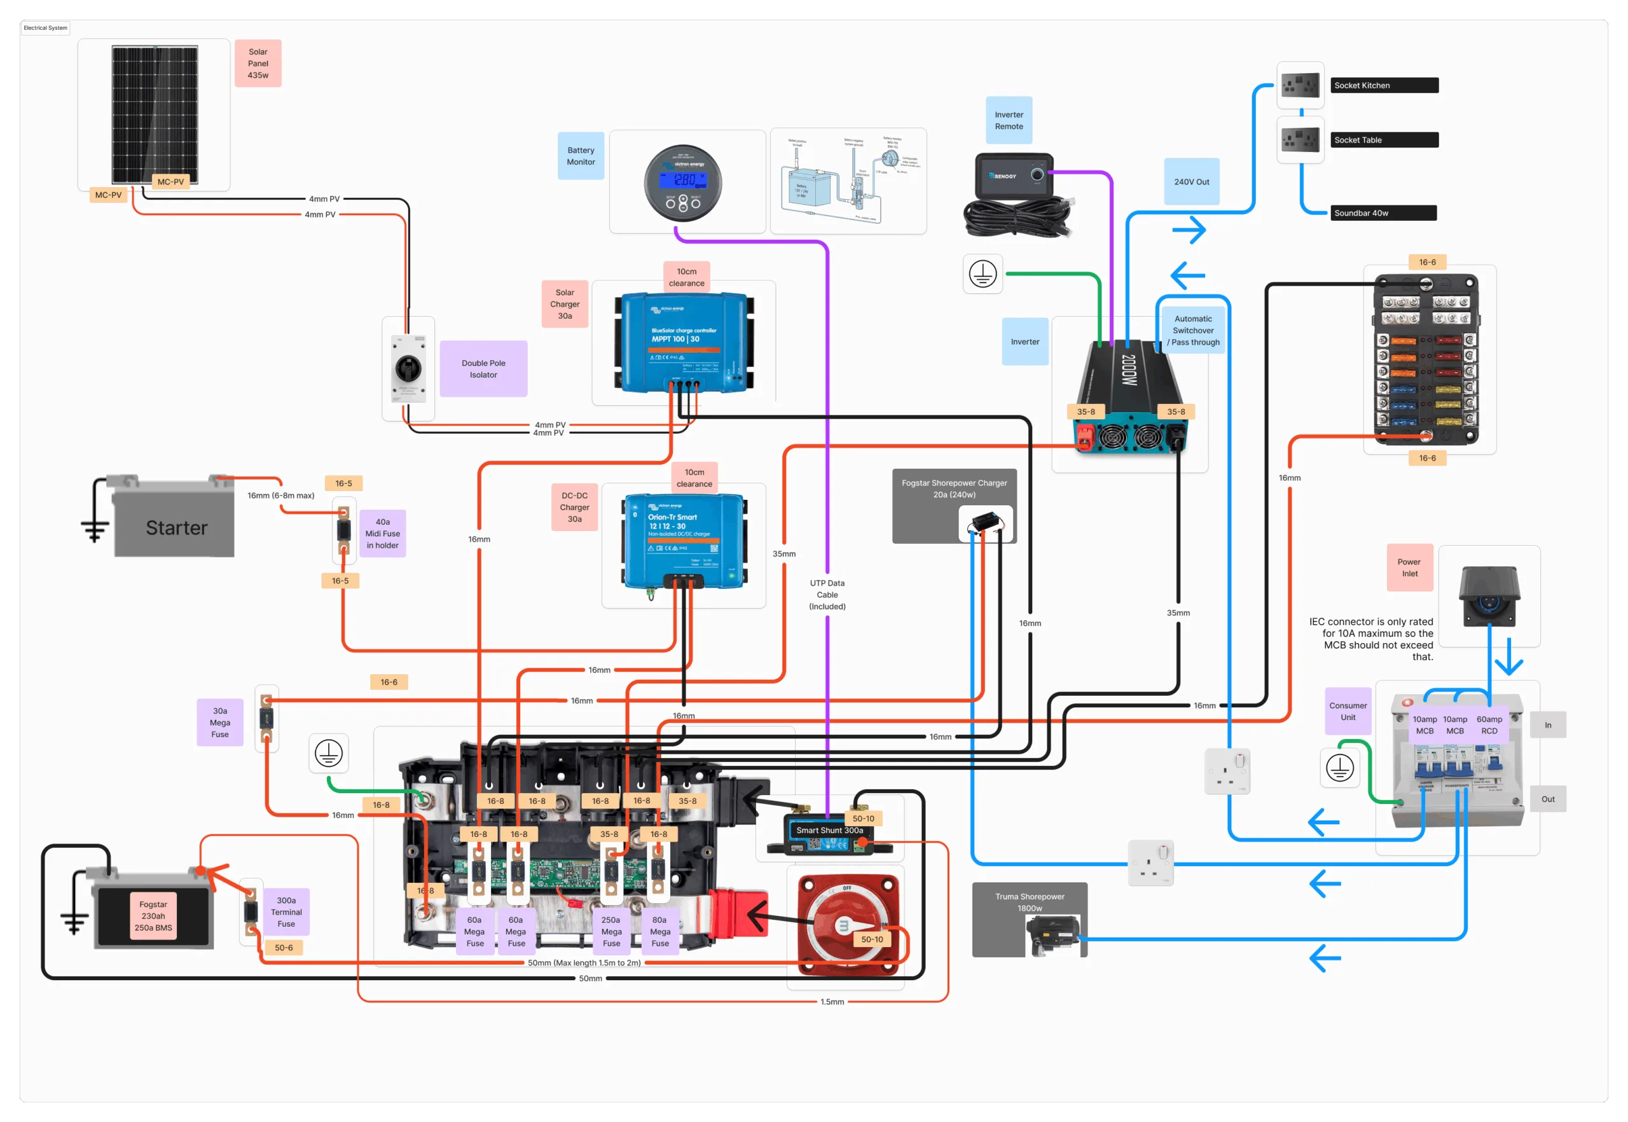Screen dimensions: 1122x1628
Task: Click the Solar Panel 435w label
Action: coord(258,63)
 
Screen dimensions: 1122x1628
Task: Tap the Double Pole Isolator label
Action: coord(483,369)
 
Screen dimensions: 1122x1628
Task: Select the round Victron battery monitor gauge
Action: coord(682,183)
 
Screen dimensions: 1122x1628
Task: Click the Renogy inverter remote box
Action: coord(1014,176)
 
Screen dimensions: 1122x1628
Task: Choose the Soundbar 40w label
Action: coord(1383,213)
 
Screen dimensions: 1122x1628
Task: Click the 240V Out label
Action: coord(1192,182)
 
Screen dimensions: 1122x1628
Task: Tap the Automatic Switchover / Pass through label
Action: coord(1193,330)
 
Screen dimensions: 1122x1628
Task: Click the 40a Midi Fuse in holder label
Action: coord(382,534)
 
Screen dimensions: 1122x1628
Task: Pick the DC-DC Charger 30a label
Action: coord(574,507)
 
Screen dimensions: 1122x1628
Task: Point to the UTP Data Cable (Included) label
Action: coord(827,595)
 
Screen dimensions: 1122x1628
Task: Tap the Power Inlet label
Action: coord(1409,568)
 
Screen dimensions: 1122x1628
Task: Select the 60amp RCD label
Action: coord(1489,725)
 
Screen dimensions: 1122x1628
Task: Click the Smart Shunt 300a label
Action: coord(829,830)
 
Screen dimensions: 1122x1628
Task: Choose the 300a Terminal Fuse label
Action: coord(286,912)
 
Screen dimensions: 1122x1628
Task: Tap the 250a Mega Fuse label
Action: coord(611,931)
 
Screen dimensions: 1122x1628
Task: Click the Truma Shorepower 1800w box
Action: coord(1029,919)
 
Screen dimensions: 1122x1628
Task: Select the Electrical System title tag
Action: coord(46,28)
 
